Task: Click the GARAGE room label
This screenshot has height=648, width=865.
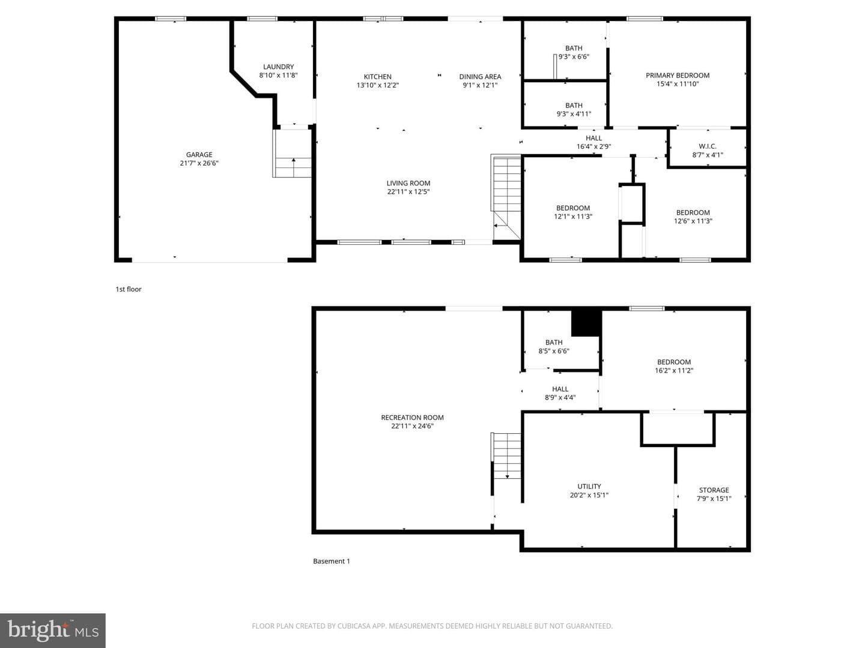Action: coord(199,155)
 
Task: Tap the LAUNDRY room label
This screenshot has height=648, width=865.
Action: coord(278,67)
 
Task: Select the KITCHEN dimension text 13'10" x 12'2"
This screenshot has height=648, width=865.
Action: coord(377,85)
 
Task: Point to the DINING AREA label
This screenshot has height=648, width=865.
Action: coord(480,76)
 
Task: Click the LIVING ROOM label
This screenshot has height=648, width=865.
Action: coord(408,183)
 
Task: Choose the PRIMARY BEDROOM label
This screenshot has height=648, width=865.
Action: coord(678,75)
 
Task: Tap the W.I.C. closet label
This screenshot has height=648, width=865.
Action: coord(708,146)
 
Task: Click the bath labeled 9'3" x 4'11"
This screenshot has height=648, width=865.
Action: coord(574,110)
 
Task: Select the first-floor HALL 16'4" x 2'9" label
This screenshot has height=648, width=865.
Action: coord(593,142)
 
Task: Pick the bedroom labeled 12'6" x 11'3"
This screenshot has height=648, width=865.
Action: coord(693,217)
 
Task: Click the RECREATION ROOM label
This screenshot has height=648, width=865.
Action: coord(412,418)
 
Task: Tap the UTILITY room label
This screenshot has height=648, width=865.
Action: coord(589,486)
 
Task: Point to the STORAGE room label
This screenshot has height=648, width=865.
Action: coord(714,490)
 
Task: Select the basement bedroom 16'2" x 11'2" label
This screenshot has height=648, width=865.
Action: coord(674,366)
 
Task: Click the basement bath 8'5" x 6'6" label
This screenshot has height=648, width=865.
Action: coord(554,347)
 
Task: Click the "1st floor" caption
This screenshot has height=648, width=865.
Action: coord(129,289)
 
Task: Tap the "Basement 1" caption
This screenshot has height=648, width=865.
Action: coord(332,561)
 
